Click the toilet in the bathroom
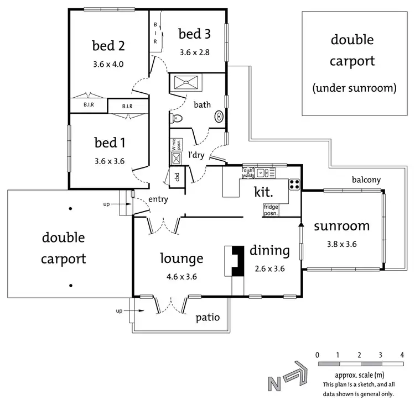pos(177,118)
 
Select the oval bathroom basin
pos(220,117)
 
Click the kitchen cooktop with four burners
pos(294,184)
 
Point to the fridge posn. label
pos(272,209)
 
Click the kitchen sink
pos(263,173)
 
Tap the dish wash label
pos(247,173)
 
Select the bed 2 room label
pos(108,45)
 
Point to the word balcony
pos(366,180)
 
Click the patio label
pos(208,318)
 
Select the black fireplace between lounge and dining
pos(237,260)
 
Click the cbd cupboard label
pos(177,178)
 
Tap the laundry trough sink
pos(177,159)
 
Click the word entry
pos(158,199)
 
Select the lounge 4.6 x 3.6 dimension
pos(182,277)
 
